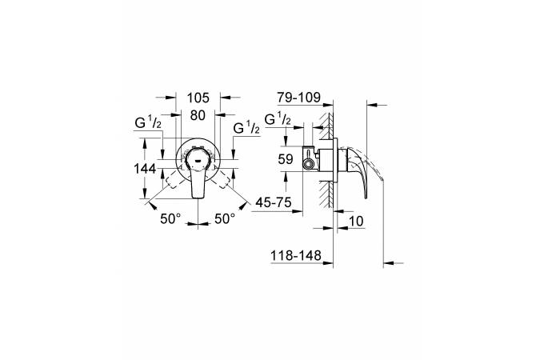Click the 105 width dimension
[198, 98]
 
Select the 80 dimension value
[198, 115]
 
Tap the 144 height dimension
[145, 169]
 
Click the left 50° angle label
[170, 218]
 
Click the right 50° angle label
[225, 218]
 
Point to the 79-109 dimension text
[299, 98]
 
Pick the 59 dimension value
[286, 159]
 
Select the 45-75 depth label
[274, 202]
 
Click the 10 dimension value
[356, 221]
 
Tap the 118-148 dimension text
[296, 256]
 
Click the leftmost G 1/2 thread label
[148, 122]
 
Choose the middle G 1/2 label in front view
[246, 128]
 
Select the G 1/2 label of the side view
[278, 119]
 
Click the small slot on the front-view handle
[198, 161]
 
